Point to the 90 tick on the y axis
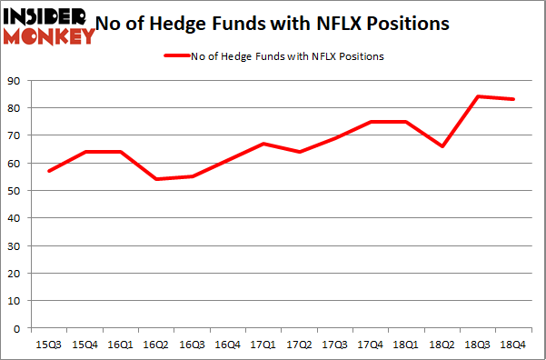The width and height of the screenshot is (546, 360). pyautogui.click(x=15, y=81)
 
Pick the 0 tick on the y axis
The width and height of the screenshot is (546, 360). pyautogui.click(x=18, y=328)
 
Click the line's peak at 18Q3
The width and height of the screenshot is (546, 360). pyautogui.click(x=478, y=96)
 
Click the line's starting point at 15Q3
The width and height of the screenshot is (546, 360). pyautogui.click(x=48, y=171)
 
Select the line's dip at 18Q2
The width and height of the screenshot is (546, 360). pyautogui.click(x=442, y=146)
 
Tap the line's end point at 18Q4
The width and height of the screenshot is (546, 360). pyautogui.click(x=514, y=99)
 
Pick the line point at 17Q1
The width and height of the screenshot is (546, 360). pyautogui.click(x=262, y=144)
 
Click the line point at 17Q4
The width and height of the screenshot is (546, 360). pyautogui.click(x=371, y=122)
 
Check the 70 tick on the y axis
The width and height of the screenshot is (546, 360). pyautogui.click(x=15, y=135)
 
